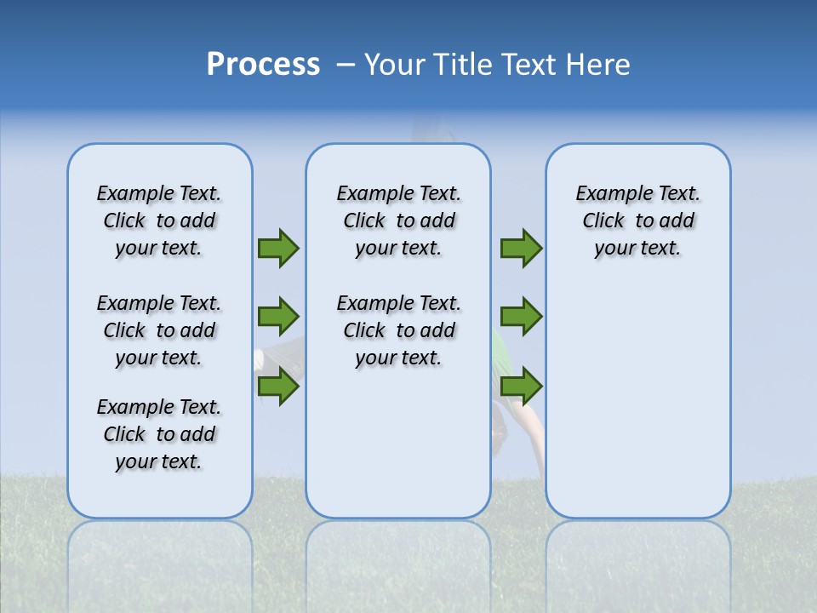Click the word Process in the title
pyautogui.click(x=263, y=65)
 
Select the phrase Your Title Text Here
pyautogui.click(x=497, y=65)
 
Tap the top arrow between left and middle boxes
pyautogui.click(x=278, y=248)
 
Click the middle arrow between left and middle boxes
pyautogui.click(x=278, y=317)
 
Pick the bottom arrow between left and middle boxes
pyautogui.click(x=278, y=387)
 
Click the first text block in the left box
pyautogui.click(x=159, y=221)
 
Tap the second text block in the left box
pyautogui.click(x=159, y=330)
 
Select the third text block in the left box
pyautogui.click(x=159, y=434)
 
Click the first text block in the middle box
pyautogui.click(x=398, y=221)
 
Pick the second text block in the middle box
pyautogui.click(x=398, y=330)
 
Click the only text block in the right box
pyautogui.click(x=637, y=221)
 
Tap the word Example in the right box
pyautogui.click(x=607, y=194)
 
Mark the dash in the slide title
pyautogui.click(x=346, y=65)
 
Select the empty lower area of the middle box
pyautogui.click(x=398, y=443)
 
